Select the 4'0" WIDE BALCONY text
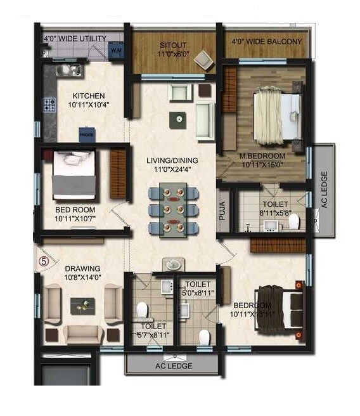click(x=266, y=42)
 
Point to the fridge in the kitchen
click(x=87, y=134)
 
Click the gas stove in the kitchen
click(x=49, y=105)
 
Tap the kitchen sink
click(x=67, y=70)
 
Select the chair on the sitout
click(x=204, y=59)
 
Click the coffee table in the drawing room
click(x=81, y=304)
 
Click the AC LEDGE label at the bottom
click(x=173, y=366)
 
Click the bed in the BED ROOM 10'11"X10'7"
click(x=74, y=176)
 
